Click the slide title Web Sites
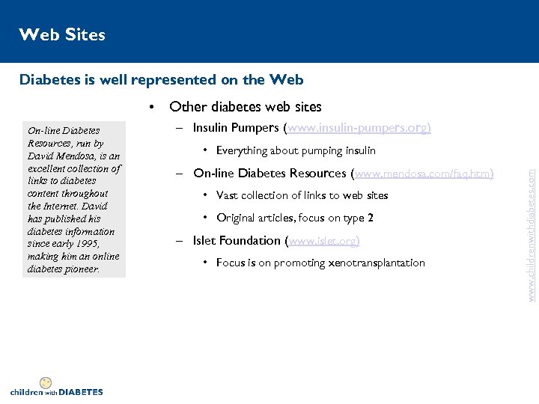pyautogui.click(x=62, y=34)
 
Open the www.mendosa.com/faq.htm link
pyautogui.click(x=424, y=174)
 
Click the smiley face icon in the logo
pyautogui.click(x=46, y=382)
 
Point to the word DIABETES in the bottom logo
pyautogui.click(x=81, y=391)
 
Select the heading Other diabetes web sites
pyautogui.click(x=246, y=107)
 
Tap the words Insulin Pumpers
pyautogui.click(x=234, y=128)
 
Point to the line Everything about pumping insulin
pyautogui.click(x=296, y=151)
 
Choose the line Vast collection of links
pyautogui.click(x=302, y=196)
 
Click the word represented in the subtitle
pyautogui.click(x=160, y=79)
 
